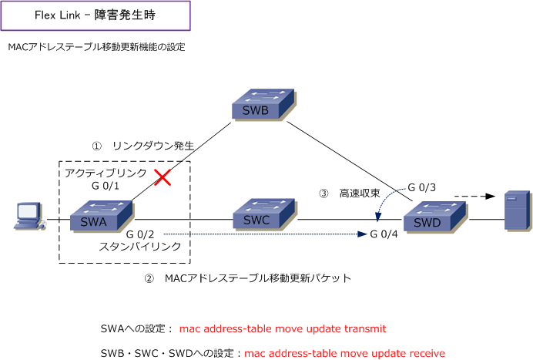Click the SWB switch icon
(263, 105)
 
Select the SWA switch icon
(102, 217)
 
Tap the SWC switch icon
(265, 215)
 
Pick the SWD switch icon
(435, 217)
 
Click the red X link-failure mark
(163, 177)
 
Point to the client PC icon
(29, 217)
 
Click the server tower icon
(518, 211)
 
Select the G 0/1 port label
(106, 186)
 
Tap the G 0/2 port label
(139, 234)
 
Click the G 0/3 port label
(421, 187)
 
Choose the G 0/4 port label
(384, 234)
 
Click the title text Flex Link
(58, 15)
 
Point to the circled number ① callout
(97, 146)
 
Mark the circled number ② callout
(149, 279)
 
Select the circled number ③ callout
(323, 193)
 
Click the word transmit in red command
(365, 328)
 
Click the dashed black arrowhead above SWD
(490, 197)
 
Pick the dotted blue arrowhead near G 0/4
(362, 234)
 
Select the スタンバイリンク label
(140, 247)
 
